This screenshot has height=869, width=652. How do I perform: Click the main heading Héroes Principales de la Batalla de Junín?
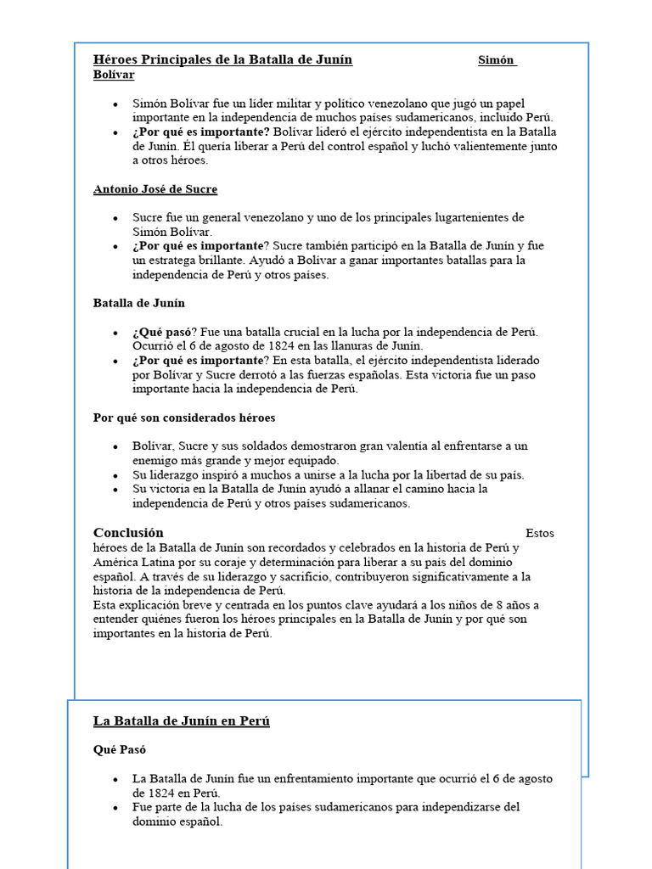(x=222, y=59)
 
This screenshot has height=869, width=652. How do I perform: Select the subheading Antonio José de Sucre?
(x=155, y=189)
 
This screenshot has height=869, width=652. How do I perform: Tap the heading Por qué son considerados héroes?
(x=184, y=418)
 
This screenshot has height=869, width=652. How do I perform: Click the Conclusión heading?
(x=128, y=533)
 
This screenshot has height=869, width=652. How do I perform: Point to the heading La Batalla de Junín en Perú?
(x=181, y=721)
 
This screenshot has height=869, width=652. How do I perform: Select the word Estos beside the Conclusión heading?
(x=540, y=534)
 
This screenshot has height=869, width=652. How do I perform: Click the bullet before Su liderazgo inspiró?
(x=115, y=475)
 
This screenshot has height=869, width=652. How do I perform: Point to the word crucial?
(x=301, y=332)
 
